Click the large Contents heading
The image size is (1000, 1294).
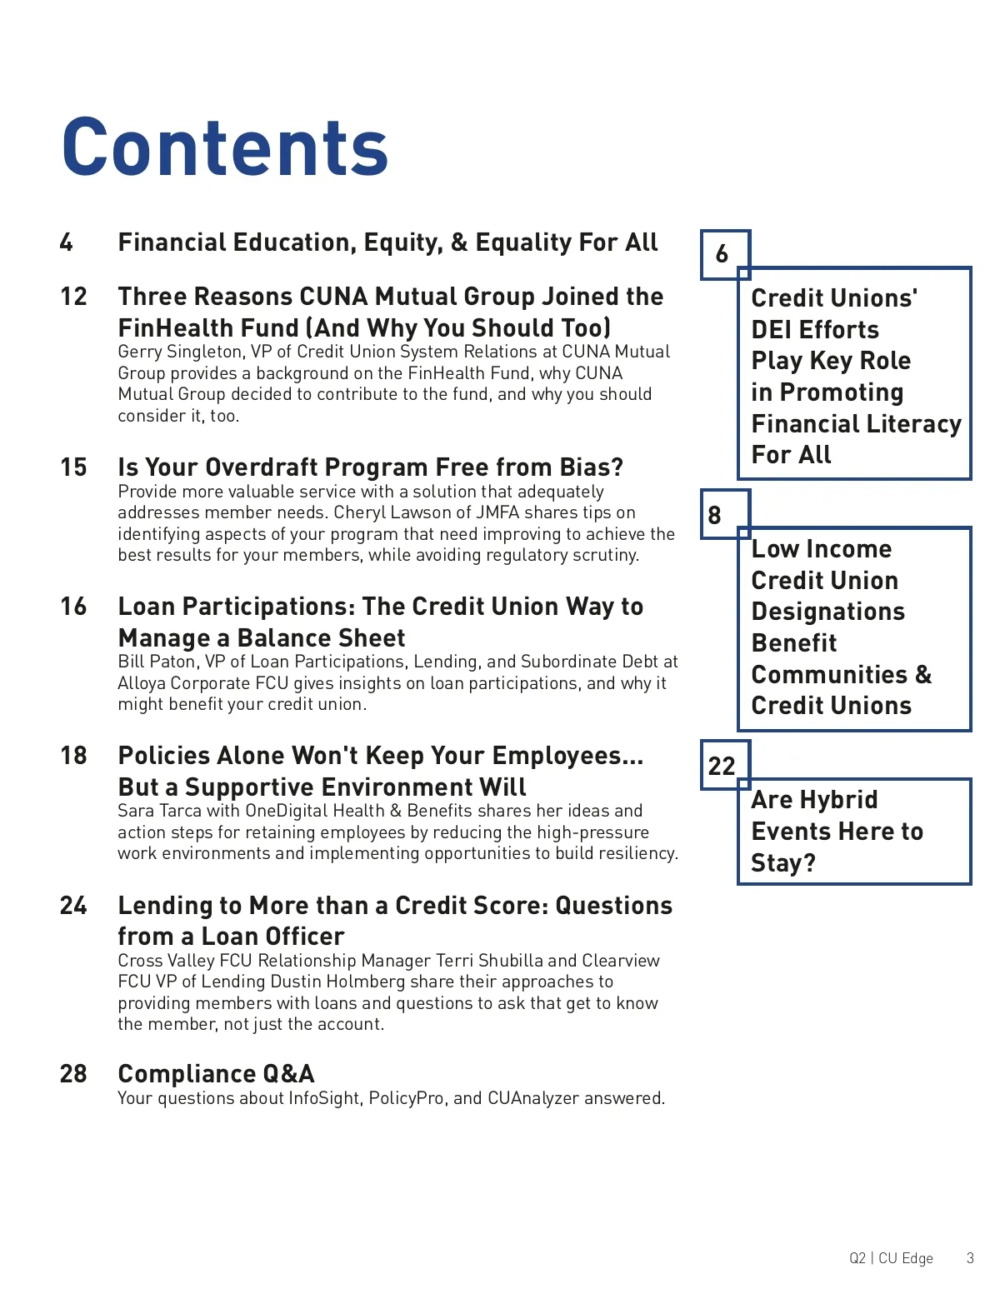(225, 147)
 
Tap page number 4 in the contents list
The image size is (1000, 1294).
(67, 242)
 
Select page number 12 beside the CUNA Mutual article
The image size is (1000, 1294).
(73, 297)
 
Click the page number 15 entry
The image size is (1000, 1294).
(73, 467)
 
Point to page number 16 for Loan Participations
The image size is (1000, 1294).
(73, 607)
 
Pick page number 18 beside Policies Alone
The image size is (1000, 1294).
(73, 756)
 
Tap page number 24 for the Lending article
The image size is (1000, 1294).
(73, 906)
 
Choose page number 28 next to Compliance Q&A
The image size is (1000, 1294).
(73, 1074)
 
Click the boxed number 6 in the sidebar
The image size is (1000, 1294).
(722, 254)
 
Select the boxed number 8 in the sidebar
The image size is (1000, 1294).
(715, 515)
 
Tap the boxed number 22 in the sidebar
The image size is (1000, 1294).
(722, 766)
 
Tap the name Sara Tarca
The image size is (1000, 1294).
(159, 811)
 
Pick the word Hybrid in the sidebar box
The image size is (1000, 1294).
(838, 800)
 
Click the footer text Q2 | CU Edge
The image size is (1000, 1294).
(891, 1258)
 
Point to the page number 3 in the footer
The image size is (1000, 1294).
(970, 1258)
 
